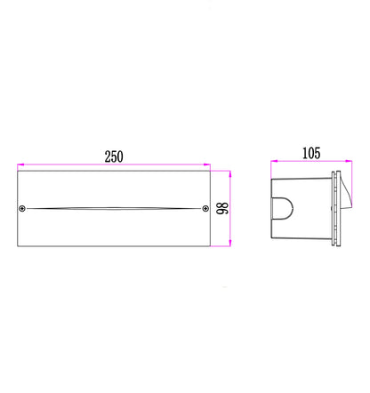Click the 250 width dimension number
(x=114, y=156)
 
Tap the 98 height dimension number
(x=222, y=208)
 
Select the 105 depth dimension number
(x=311, y=153)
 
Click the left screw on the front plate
(x=22, y=209)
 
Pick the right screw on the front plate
(x=205, y=209)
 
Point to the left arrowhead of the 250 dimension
(x=20, y=164)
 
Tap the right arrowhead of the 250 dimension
(x=207, y=164)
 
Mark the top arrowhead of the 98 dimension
(x=230, y=174)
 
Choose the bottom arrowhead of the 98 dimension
(x=230, y=243)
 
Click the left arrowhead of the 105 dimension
(x=274, y=161)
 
